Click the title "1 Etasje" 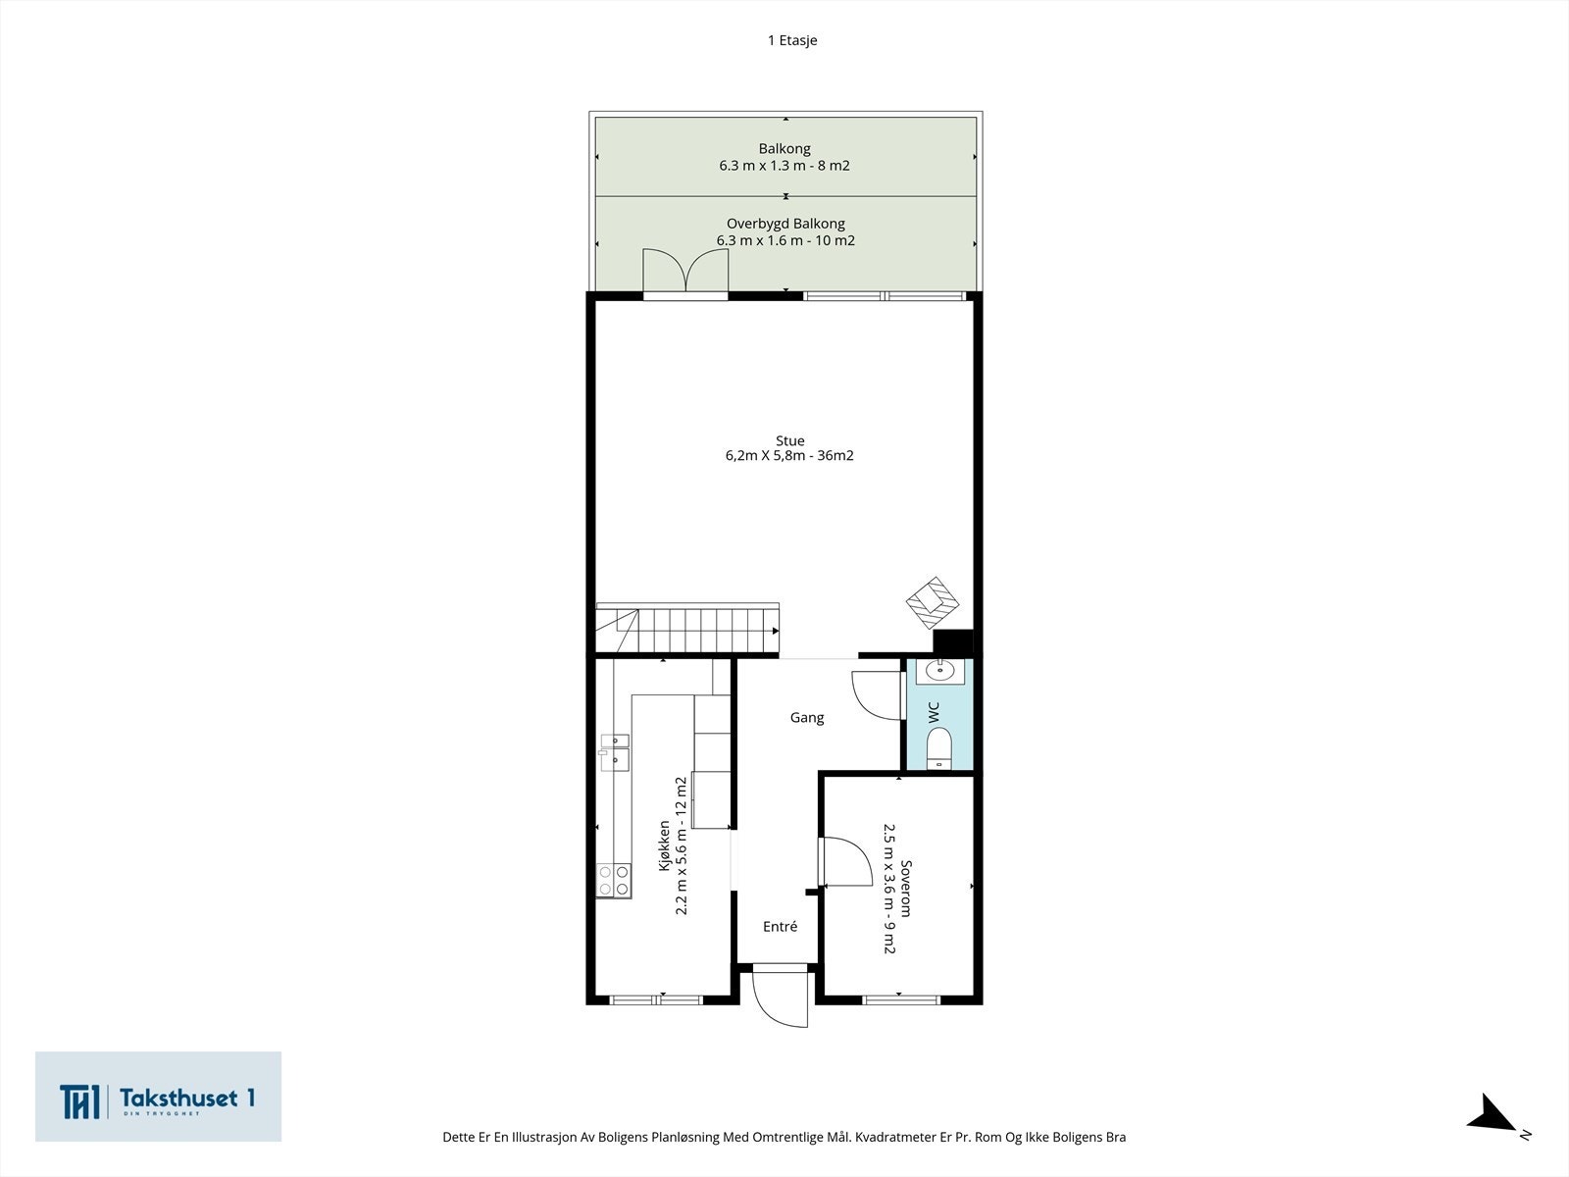point(792,41)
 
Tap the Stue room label point(789,441)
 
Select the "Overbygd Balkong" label point(785,224)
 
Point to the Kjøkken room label point(664,845)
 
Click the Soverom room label point(906,889)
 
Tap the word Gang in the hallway point(807,718)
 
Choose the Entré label point(780,927)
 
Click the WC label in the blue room point(934,712)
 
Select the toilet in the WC point(938,748)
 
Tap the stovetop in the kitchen point(613,880)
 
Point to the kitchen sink point(614,752)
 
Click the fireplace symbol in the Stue point(933,602)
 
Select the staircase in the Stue point(687,629)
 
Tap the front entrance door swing point(781,998)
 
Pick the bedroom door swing point(845,862)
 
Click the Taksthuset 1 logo point(158,1097)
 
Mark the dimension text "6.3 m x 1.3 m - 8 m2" point(784,166)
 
